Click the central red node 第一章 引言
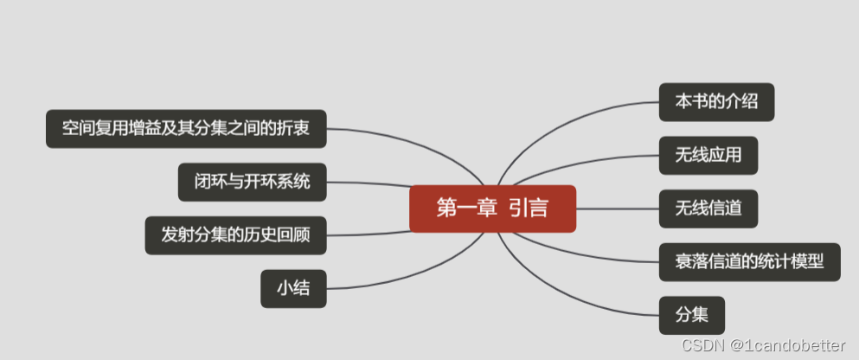tap(492, 209)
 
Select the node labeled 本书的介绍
tap(716, 102)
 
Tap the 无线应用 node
tap(708, 156)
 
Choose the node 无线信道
tap(708, 209)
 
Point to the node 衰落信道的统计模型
tap(749, 261)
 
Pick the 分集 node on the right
tap(691, 315)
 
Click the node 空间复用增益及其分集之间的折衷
tap(186, 129)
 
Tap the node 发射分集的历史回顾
tap(235, 235)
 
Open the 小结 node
tap(293, 289)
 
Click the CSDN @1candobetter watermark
tap(763, 345)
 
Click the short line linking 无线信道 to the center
tap(617, 209)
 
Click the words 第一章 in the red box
tap(458, 209)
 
